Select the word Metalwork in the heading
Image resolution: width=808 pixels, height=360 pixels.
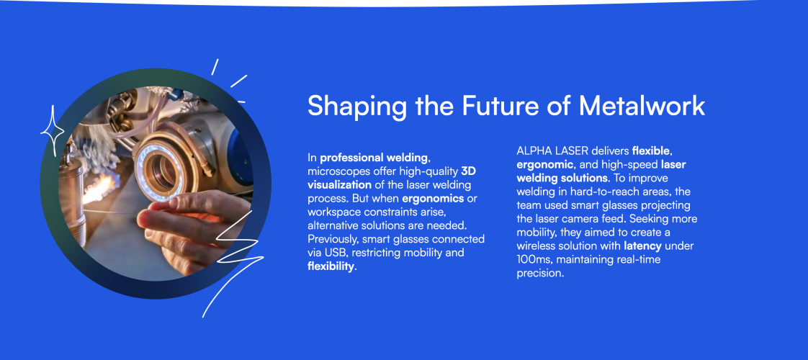click(642, 106)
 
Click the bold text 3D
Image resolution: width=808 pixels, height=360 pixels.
click(468, 171)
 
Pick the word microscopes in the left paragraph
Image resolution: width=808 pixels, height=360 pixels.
click(338, 171)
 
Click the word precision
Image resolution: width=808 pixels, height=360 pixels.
click(541, 274)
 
